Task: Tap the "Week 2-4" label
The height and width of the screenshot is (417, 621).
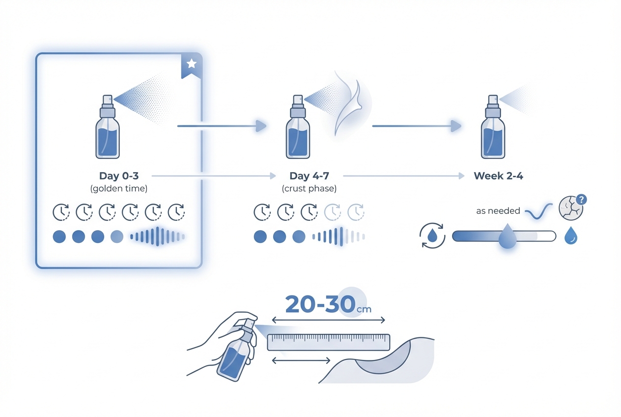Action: coord(498,176)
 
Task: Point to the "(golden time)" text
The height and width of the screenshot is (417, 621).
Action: coord(118,188)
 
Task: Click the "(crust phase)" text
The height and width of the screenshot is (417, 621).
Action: coord(309,188)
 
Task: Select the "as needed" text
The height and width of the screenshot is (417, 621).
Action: coord(498,211)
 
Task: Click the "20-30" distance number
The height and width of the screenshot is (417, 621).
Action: coord(320,304)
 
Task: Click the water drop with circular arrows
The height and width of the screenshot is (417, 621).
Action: coord(433,236)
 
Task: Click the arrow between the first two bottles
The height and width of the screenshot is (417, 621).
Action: coord(221,126)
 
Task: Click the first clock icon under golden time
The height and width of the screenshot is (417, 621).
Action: coord(60,212)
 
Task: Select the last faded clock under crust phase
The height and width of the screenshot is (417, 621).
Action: coord(356,212)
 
